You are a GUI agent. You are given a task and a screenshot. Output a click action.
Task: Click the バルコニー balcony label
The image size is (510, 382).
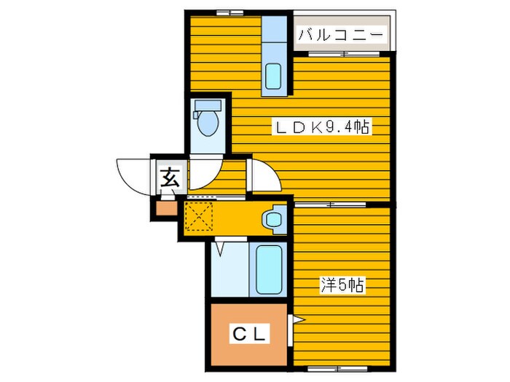point(340,34)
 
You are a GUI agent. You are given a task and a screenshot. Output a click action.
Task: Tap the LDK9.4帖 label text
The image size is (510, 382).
point(322,127)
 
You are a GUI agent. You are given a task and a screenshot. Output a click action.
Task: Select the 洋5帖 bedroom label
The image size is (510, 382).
point(342,285)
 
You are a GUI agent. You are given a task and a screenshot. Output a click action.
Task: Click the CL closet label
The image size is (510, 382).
point(251,333)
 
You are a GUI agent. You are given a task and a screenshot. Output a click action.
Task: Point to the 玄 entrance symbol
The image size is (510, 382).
point(170,178)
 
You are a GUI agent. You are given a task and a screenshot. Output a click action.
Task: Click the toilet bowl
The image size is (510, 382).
point(208,123)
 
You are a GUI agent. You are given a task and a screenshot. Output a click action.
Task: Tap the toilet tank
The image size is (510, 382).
point(208,106)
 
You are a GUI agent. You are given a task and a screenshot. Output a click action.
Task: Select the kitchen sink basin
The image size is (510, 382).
point(273,76)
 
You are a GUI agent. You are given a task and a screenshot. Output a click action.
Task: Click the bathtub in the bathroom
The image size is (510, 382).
point(269,269)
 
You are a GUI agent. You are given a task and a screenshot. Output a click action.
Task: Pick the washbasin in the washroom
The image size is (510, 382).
point(274,219)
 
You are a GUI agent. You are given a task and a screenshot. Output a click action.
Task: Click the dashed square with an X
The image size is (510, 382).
point(198,216)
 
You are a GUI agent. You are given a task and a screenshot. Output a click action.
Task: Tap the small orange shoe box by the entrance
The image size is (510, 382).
point(166,209)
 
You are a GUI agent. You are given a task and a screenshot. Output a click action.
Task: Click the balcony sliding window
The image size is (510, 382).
point(343,54)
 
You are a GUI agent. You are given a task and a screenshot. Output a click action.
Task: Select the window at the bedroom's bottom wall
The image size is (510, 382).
point(337,369)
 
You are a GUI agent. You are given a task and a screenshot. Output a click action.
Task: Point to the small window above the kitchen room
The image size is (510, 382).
point(230,13)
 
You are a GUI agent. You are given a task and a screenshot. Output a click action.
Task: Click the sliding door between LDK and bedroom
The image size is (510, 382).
point(330,204)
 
